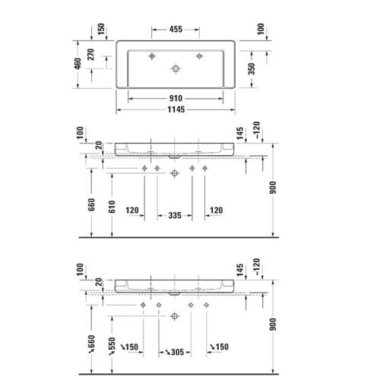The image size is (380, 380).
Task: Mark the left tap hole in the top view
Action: pyautogui.click(x=151, y=56)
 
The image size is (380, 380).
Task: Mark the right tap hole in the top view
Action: pyautogui.click(x=201, y=56)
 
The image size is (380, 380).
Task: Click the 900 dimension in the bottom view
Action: pyautogui.click(x=274, y=328)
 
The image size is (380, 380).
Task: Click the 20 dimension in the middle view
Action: pyautogui.click(x=98, y=145)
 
